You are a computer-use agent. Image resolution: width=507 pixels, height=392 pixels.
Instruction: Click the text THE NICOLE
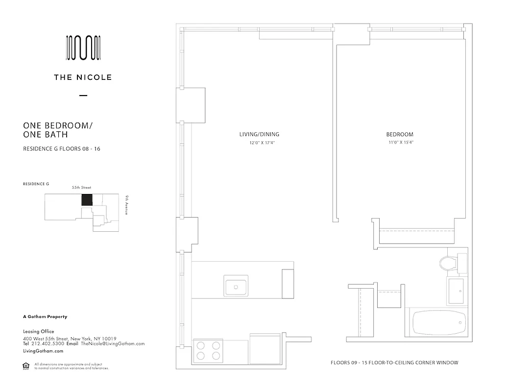tap(83, 77)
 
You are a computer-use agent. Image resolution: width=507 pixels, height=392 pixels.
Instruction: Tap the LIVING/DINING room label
tap(253, 134)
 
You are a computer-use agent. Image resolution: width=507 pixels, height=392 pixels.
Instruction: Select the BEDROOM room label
tap(400, 134)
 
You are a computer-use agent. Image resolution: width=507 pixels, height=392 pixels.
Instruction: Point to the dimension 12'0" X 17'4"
tap(253, 143)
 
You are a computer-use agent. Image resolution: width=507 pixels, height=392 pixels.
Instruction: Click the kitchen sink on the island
tap(236, 286)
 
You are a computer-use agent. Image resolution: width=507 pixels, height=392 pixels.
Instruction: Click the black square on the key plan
tap(87, 200)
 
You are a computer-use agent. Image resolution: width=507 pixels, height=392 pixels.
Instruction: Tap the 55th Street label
tap(81, 188)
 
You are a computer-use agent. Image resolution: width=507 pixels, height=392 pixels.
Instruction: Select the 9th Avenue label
tap(126, 205)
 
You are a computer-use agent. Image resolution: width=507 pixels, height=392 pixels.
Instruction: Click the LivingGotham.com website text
tap(43, 351)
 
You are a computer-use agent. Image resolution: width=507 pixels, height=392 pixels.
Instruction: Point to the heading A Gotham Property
tap(45, 317)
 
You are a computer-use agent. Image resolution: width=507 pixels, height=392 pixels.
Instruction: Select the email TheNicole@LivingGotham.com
tap(113, 344)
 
